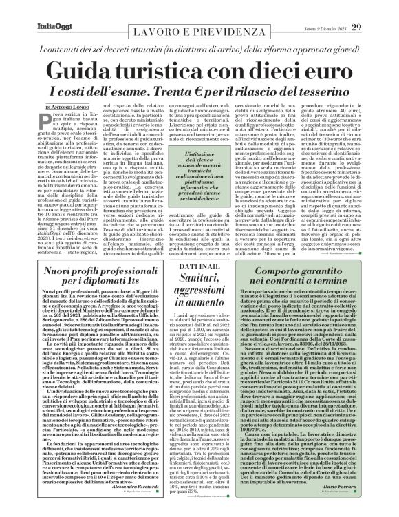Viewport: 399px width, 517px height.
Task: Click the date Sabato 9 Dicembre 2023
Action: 331,8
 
